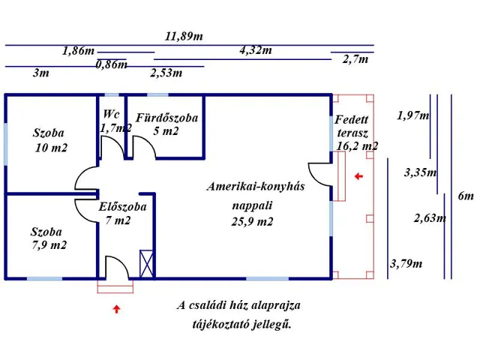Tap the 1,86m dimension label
[x=78, y=51]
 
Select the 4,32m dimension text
[x=256, y=50]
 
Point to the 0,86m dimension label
[x=111, y=64]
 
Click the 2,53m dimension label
[x=166, y=73]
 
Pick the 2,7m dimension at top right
[x=355, y=59]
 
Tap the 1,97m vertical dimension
[x=412, y=115]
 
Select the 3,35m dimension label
[x=420, y=172]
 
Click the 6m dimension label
[x=466, y=196]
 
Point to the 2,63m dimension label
[x=430, y=219]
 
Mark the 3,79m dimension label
[x=406, y=263]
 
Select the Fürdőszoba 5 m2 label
[x=166, y=124]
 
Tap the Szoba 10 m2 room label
[x=49, y=140]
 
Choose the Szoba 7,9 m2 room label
[x=48, y=238]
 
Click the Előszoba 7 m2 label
[x=122, y=213]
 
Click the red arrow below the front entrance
[x=117, y=308]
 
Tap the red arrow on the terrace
[x=358, y=176]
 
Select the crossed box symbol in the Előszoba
[x=147, y=263]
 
